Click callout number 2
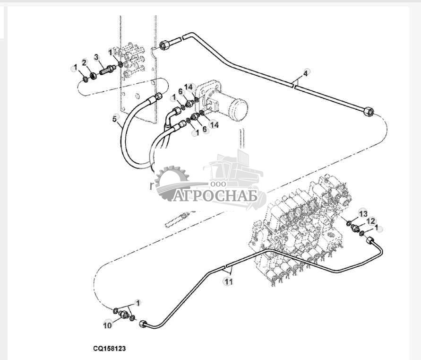[84, 62]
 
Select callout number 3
[96, 57]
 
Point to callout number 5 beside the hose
[114, 119]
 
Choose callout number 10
[108, 325]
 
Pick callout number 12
[371, 221]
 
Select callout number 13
[362, 213]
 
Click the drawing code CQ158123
[109, 348]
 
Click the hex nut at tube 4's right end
[369, 112]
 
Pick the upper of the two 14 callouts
[189, 87]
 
